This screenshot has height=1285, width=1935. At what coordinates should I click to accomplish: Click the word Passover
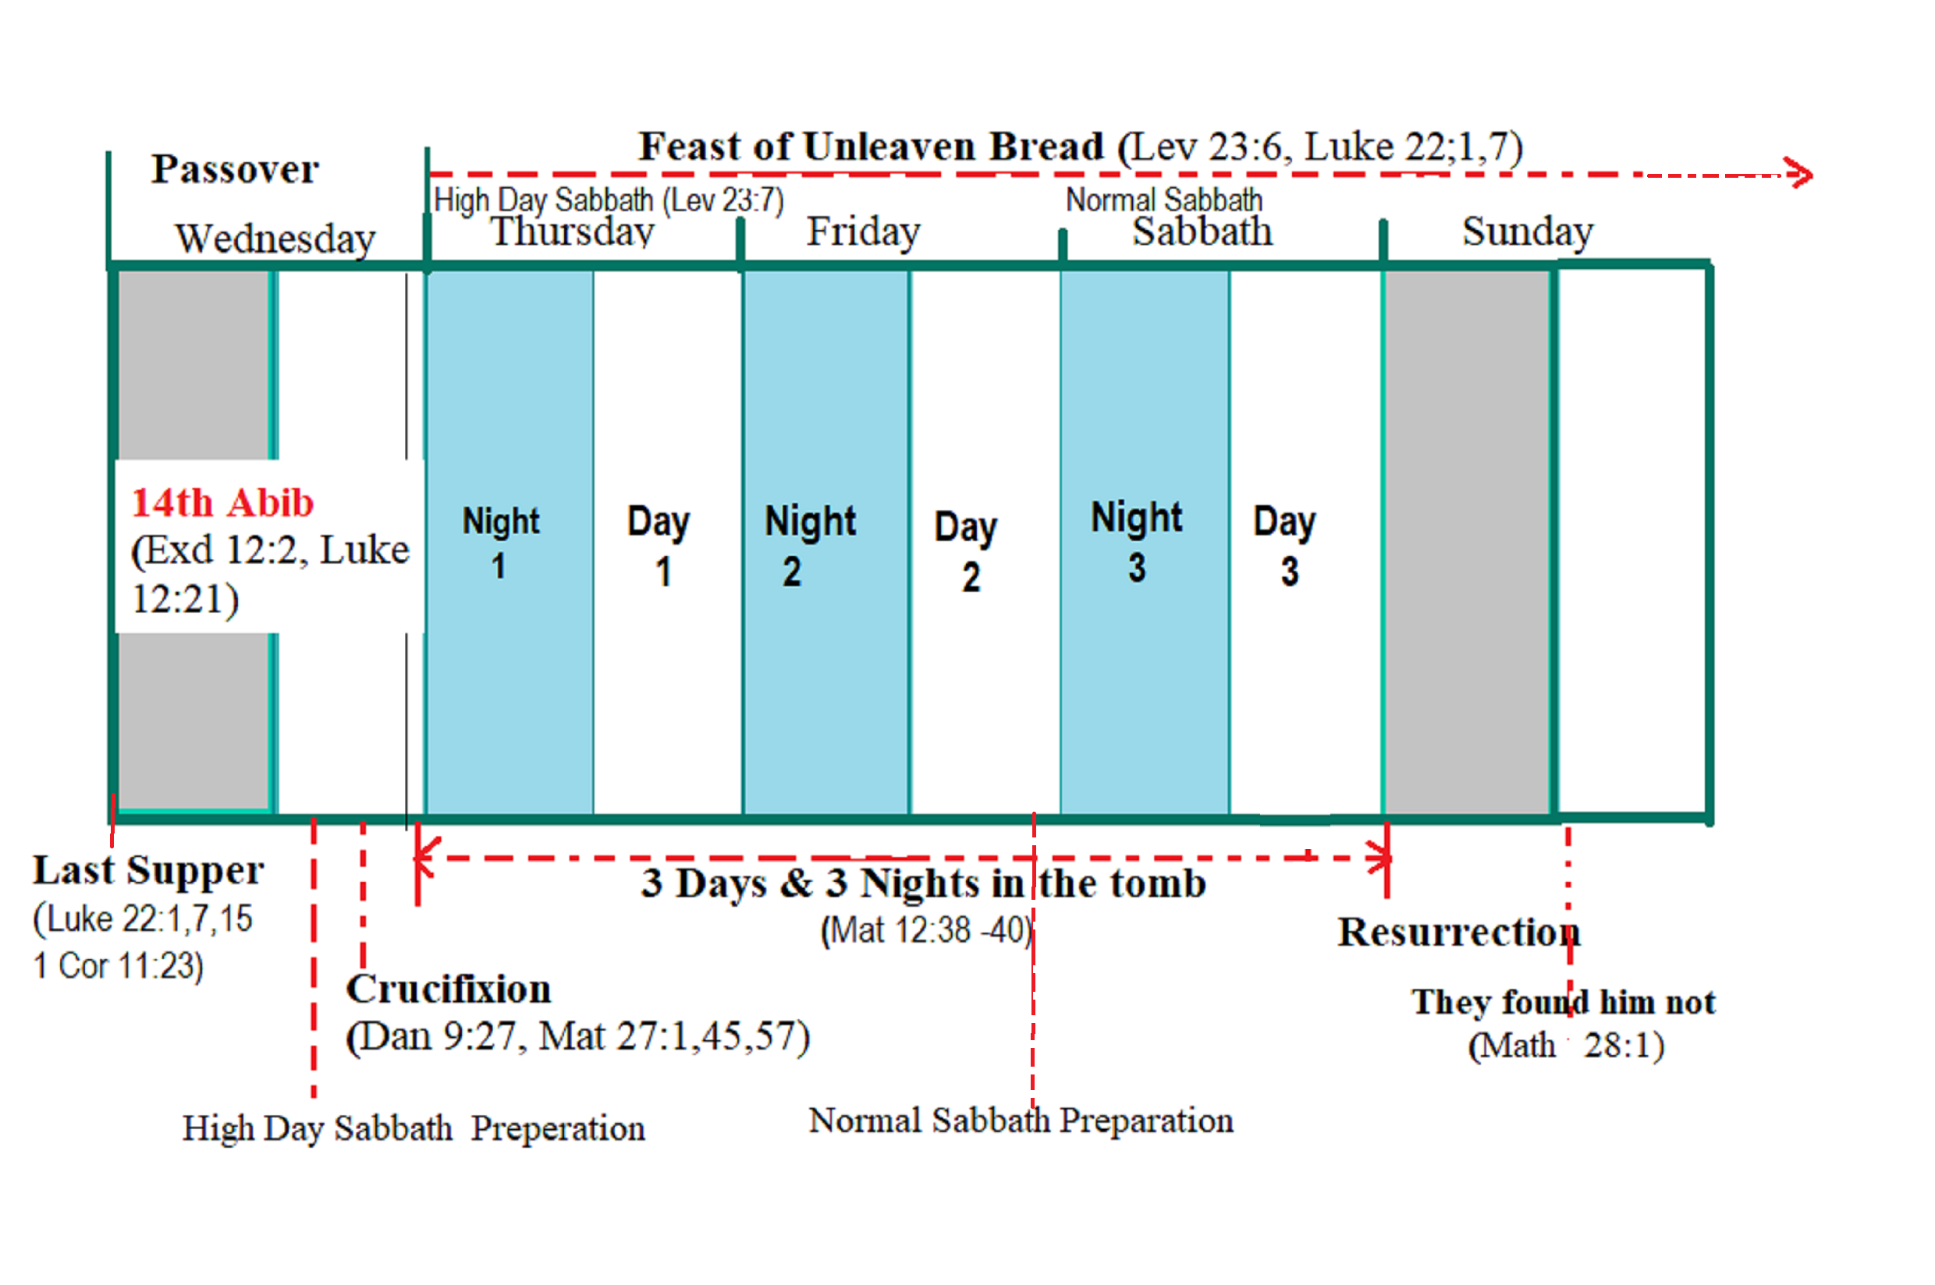click(x=235, y=169)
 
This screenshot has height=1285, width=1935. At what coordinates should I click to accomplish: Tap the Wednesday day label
click(x=275, y=239)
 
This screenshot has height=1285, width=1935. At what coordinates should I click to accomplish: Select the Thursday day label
click(x=572, y=232)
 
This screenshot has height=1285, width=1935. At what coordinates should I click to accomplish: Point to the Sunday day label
click(x=1528, y=232)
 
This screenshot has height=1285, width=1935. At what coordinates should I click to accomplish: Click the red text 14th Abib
click(x=222, y=502)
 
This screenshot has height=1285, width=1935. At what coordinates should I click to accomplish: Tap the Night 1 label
click(x=500, y=543)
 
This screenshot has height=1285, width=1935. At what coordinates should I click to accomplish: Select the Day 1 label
click(x=659, y=545)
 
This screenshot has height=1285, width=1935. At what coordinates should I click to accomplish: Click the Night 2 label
click(x=810, y=545)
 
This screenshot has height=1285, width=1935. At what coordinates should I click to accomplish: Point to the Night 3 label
click(x=1136, y=542)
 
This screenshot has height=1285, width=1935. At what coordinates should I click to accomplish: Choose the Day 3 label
click(x=1284, y=545)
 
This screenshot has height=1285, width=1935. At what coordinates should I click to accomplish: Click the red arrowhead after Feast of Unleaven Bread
click(x=1800, y=174)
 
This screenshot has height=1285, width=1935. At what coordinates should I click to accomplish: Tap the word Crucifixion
click(x=449, y=989)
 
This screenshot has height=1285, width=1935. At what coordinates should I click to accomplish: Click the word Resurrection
click(x=1458, y=933)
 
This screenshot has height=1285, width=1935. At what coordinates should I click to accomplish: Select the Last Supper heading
click(x=148, y=870)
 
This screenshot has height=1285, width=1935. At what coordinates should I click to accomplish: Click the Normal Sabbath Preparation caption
click(x=1021, y=1121)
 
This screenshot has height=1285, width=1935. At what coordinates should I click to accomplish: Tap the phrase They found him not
click(x=1563, y=1001)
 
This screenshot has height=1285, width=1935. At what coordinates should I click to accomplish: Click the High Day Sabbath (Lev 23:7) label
click(x=609, y=200)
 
